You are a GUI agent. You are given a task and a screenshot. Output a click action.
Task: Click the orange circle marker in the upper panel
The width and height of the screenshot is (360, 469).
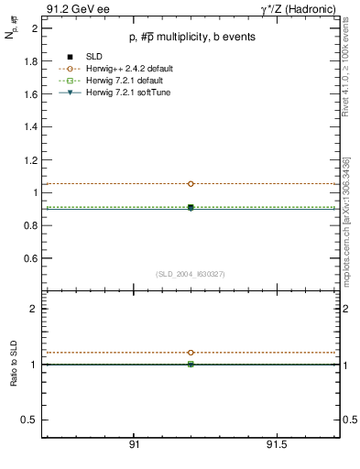click(x=191, y=183)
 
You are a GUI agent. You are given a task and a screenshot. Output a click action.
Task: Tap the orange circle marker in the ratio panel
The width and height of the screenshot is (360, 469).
click(x=191, y=352)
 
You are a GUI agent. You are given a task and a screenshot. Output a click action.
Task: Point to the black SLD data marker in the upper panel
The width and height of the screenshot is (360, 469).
click(x=191, y=208)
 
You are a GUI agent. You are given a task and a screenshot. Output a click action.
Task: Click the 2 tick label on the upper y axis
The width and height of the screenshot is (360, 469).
click(x=34, y=28)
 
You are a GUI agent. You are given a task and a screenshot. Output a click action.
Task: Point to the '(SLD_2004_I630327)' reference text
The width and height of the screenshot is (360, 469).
click(x=191, y=275)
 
